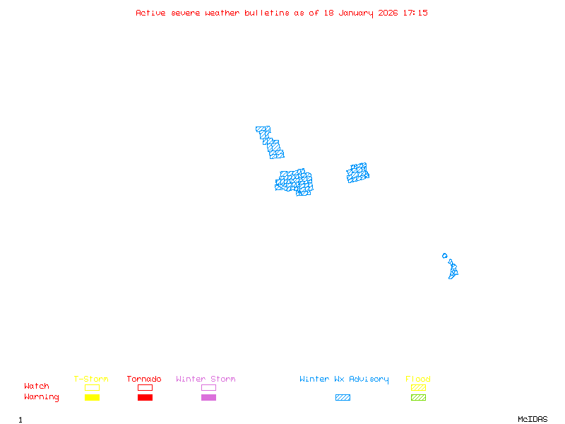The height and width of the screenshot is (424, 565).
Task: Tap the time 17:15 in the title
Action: pos(415,13)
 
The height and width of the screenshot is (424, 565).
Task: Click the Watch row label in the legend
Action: pos(37,387)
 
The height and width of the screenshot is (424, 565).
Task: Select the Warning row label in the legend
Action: pos(42,397)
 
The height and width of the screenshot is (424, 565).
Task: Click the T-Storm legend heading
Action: pos(91,379)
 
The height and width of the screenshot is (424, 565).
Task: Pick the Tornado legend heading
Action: pos(144,379)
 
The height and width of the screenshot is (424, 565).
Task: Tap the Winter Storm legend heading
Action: pos(206,379)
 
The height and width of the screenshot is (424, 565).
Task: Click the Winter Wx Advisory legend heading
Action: pos(344,379)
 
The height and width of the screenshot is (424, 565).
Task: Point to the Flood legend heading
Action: pos(418,379)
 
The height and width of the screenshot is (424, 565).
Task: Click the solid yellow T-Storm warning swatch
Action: pos(92,398)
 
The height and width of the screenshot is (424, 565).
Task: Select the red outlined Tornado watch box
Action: pos(145,387)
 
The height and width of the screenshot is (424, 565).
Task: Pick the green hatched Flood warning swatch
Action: pos(418,398)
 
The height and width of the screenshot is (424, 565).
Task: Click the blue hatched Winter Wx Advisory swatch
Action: pos(343,398)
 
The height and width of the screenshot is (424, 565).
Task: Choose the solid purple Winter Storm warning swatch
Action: pos(208,398)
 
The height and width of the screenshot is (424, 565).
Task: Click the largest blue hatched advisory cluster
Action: pos(295,182)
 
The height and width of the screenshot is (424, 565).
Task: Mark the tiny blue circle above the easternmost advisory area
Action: pos(444,256)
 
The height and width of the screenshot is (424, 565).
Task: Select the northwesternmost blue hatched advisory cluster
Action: pos(269,142)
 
